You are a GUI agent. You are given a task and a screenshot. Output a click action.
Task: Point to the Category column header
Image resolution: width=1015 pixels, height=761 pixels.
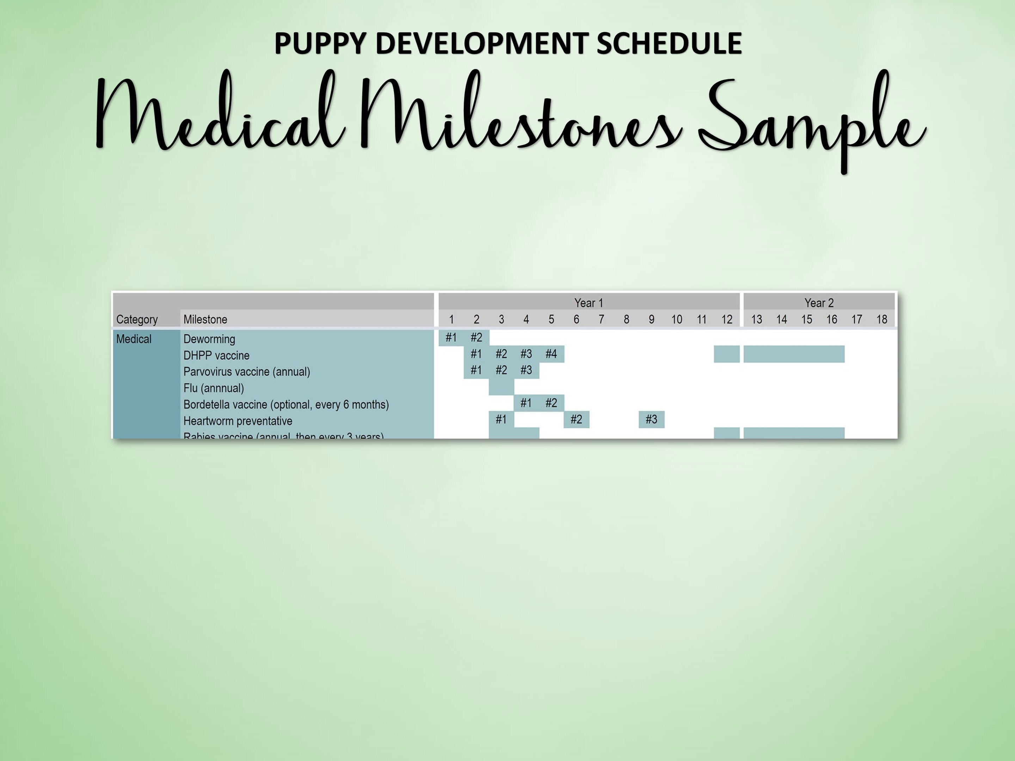[x=137, y=319]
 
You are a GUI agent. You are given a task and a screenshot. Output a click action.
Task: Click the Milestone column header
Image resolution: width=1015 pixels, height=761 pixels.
[x=205, y=319]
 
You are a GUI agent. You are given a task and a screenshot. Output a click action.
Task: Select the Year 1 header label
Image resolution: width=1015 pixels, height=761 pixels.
[x=589, y=303]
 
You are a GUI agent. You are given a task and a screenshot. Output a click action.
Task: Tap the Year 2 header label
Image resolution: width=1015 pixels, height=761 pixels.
[x=819, y=303]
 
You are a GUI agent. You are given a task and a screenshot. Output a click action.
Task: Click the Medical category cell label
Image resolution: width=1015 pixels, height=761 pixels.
[x=134, y=339]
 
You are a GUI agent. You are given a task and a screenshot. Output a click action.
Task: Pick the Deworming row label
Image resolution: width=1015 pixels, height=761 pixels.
[x=209, y=339]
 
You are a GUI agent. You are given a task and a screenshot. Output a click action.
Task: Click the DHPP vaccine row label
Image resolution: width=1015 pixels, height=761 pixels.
[x=216, y=355]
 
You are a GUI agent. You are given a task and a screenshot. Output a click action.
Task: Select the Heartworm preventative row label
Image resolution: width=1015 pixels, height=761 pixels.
[x=238, y=421]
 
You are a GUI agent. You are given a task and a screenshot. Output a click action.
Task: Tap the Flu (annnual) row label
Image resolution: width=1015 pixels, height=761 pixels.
[x=213, y=388]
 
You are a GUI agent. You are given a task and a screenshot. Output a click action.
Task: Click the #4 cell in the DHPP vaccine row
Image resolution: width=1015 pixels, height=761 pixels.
[x=551, y=354]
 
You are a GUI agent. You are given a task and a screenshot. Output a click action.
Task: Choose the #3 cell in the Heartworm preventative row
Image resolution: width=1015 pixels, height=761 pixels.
[x=651, y=419]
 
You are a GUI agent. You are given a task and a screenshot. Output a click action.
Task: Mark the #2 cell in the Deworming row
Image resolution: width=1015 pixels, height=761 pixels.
[x=476, y=338]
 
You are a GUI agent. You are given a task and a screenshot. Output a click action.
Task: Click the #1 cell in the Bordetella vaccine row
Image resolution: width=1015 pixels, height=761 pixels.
[x=526, y=403]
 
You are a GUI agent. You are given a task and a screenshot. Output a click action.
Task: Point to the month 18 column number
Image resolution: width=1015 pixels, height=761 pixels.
[x=881, y=319]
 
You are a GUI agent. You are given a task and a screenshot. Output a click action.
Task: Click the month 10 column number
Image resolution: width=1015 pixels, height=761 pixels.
[x=676, y=319]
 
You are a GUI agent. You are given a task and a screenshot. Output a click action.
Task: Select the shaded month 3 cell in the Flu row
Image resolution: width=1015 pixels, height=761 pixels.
[x=501, y=387]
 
